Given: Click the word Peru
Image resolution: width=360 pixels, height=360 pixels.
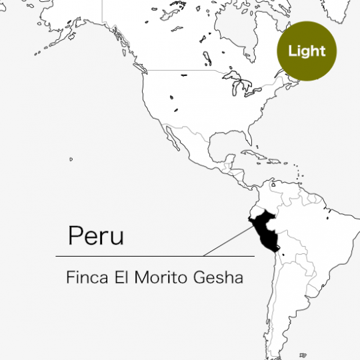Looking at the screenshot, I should pos(95,235).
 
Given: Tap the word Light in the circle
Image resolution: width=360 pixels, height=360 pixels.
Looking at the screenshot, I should pos(307,51).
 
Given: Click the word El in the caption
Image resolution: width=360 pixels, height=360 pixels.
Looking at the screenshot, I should pos(125,277).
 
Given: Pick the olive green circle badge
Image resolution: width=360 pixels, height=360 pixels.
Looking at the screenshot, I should pos(307,51).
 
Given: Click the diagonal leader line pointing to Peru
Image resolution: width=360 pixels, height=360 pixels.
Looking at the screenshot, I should pos(227,239).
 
